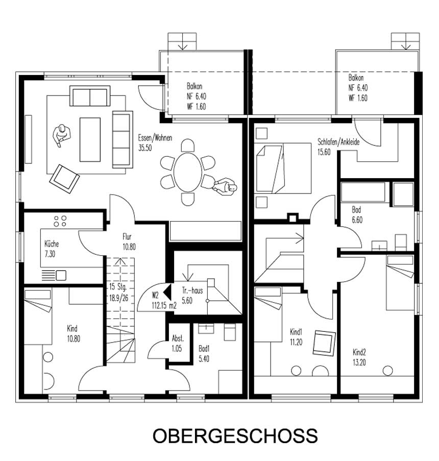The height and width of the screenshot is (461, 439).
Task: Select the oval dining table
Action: [187, 173]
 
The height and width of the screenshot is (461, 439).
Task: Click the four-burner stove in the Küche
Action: [60, 221]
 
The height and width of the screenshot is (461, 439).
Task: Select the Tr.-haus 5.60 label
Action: [193, 295]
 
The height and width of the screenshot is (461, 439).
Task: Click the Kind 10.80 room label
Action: [72, 333]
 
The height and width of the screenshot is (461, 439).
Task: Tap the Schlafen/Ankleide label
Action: [338, 147]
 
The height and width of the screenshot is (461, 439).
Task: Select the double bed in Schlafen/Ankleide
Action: [283, 168]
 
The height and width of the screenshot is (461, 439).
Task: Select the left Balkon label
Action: [197, 96]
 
